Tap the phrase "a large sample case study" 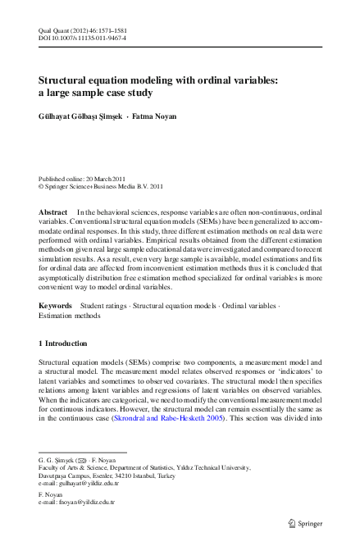click(x=95, y=94)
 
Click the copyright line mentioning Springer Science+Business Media click(x=106, y=186)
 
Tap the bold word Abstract click(x=53, y=212)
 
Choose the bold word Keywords click(x=56, y=306)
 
